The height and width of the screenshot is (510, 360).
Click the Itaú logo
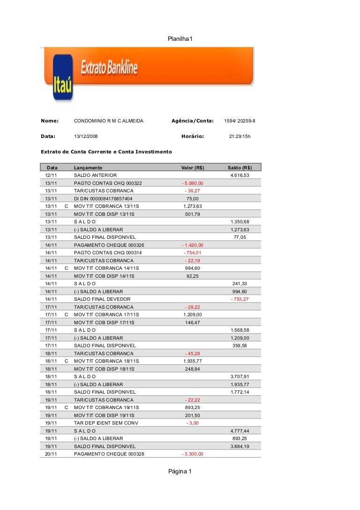(x=63, y=78)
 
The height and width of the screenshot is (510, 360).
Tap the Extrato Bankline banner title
(x=110, y=68)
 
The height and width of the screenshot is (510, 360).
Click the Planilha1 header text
(x=180, y=38)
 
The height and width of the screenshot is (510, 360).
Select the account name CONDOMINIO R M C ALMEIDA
(x=108, y=121)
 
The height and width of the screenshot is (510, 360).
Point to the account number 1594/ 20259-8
(x=240, y=121)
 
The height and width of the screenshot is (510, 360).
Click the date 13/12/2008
(x=86, y=137)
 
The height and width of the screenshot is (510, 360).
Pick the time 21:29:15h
(x=240, y=137)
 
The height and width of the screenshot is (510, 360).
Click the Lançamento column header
(x=88, y=167)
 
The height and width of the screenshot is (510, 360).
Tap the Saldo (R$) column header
(x=240, y=167)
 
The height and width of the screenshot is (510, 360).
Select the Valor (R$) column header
(x=192, y=167)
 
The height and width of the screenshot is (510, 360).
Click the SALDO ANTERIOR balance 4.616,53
(x=240, y=175)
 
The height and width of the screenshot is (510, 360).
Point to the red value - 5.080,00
(x=192, y=183)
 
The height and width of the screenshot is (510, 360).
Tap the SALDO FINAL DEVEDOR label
(x=102, y=299)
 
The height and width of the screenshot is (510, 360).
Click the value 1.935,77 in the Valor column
(x=192, y=361)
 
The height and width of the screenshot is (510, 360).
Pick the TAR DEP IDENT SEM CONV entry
(x=106, y=423)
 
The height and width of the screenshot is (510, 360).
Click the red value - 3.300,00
(x=192, y=454)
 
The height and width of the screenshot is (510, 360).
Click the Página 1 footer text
(x=180, y=472)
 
